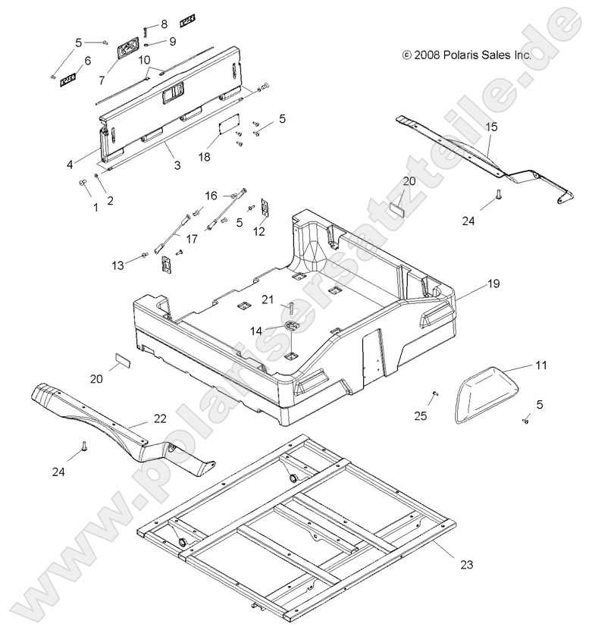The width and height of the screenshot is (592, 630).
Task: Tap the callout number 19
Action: point(493,285)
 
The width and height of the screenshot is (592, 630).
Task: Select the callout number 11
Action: point(540,365)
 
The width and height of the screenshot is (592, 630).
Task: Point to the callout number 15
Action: point(491,127)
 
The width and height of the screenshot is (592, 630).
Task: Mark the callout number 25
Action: point(421,415)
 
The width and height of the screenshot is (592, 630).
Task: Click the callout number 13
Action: point(117,265)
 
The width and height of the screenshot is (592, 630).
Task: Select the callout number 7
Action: point(102,80)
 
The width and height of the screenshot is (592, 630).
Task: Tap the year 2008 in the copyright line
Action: point(427,55)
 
